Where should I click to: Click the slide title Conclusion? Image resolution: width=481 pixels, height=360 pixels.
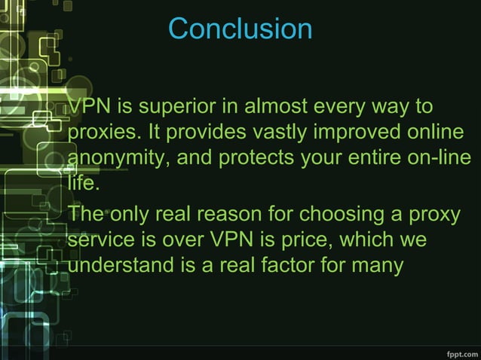tap(240, 29)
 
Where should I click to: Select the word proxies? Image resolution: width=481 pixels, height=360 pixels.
tap(103, 133)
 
